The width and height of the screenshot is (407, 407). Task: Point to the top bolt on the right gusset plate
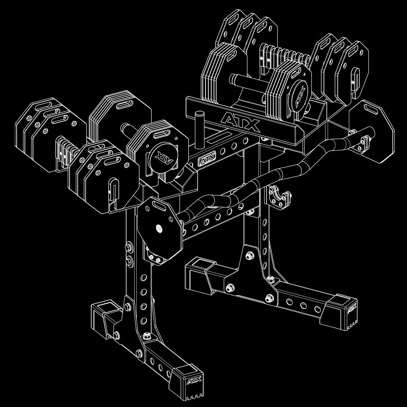tap(249, 256)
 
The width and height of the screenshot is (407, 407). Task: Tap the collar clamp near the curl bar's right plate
tap(359, 140)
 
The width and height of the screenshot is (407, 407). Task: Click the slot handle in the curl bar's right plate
tap(371, 109)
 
